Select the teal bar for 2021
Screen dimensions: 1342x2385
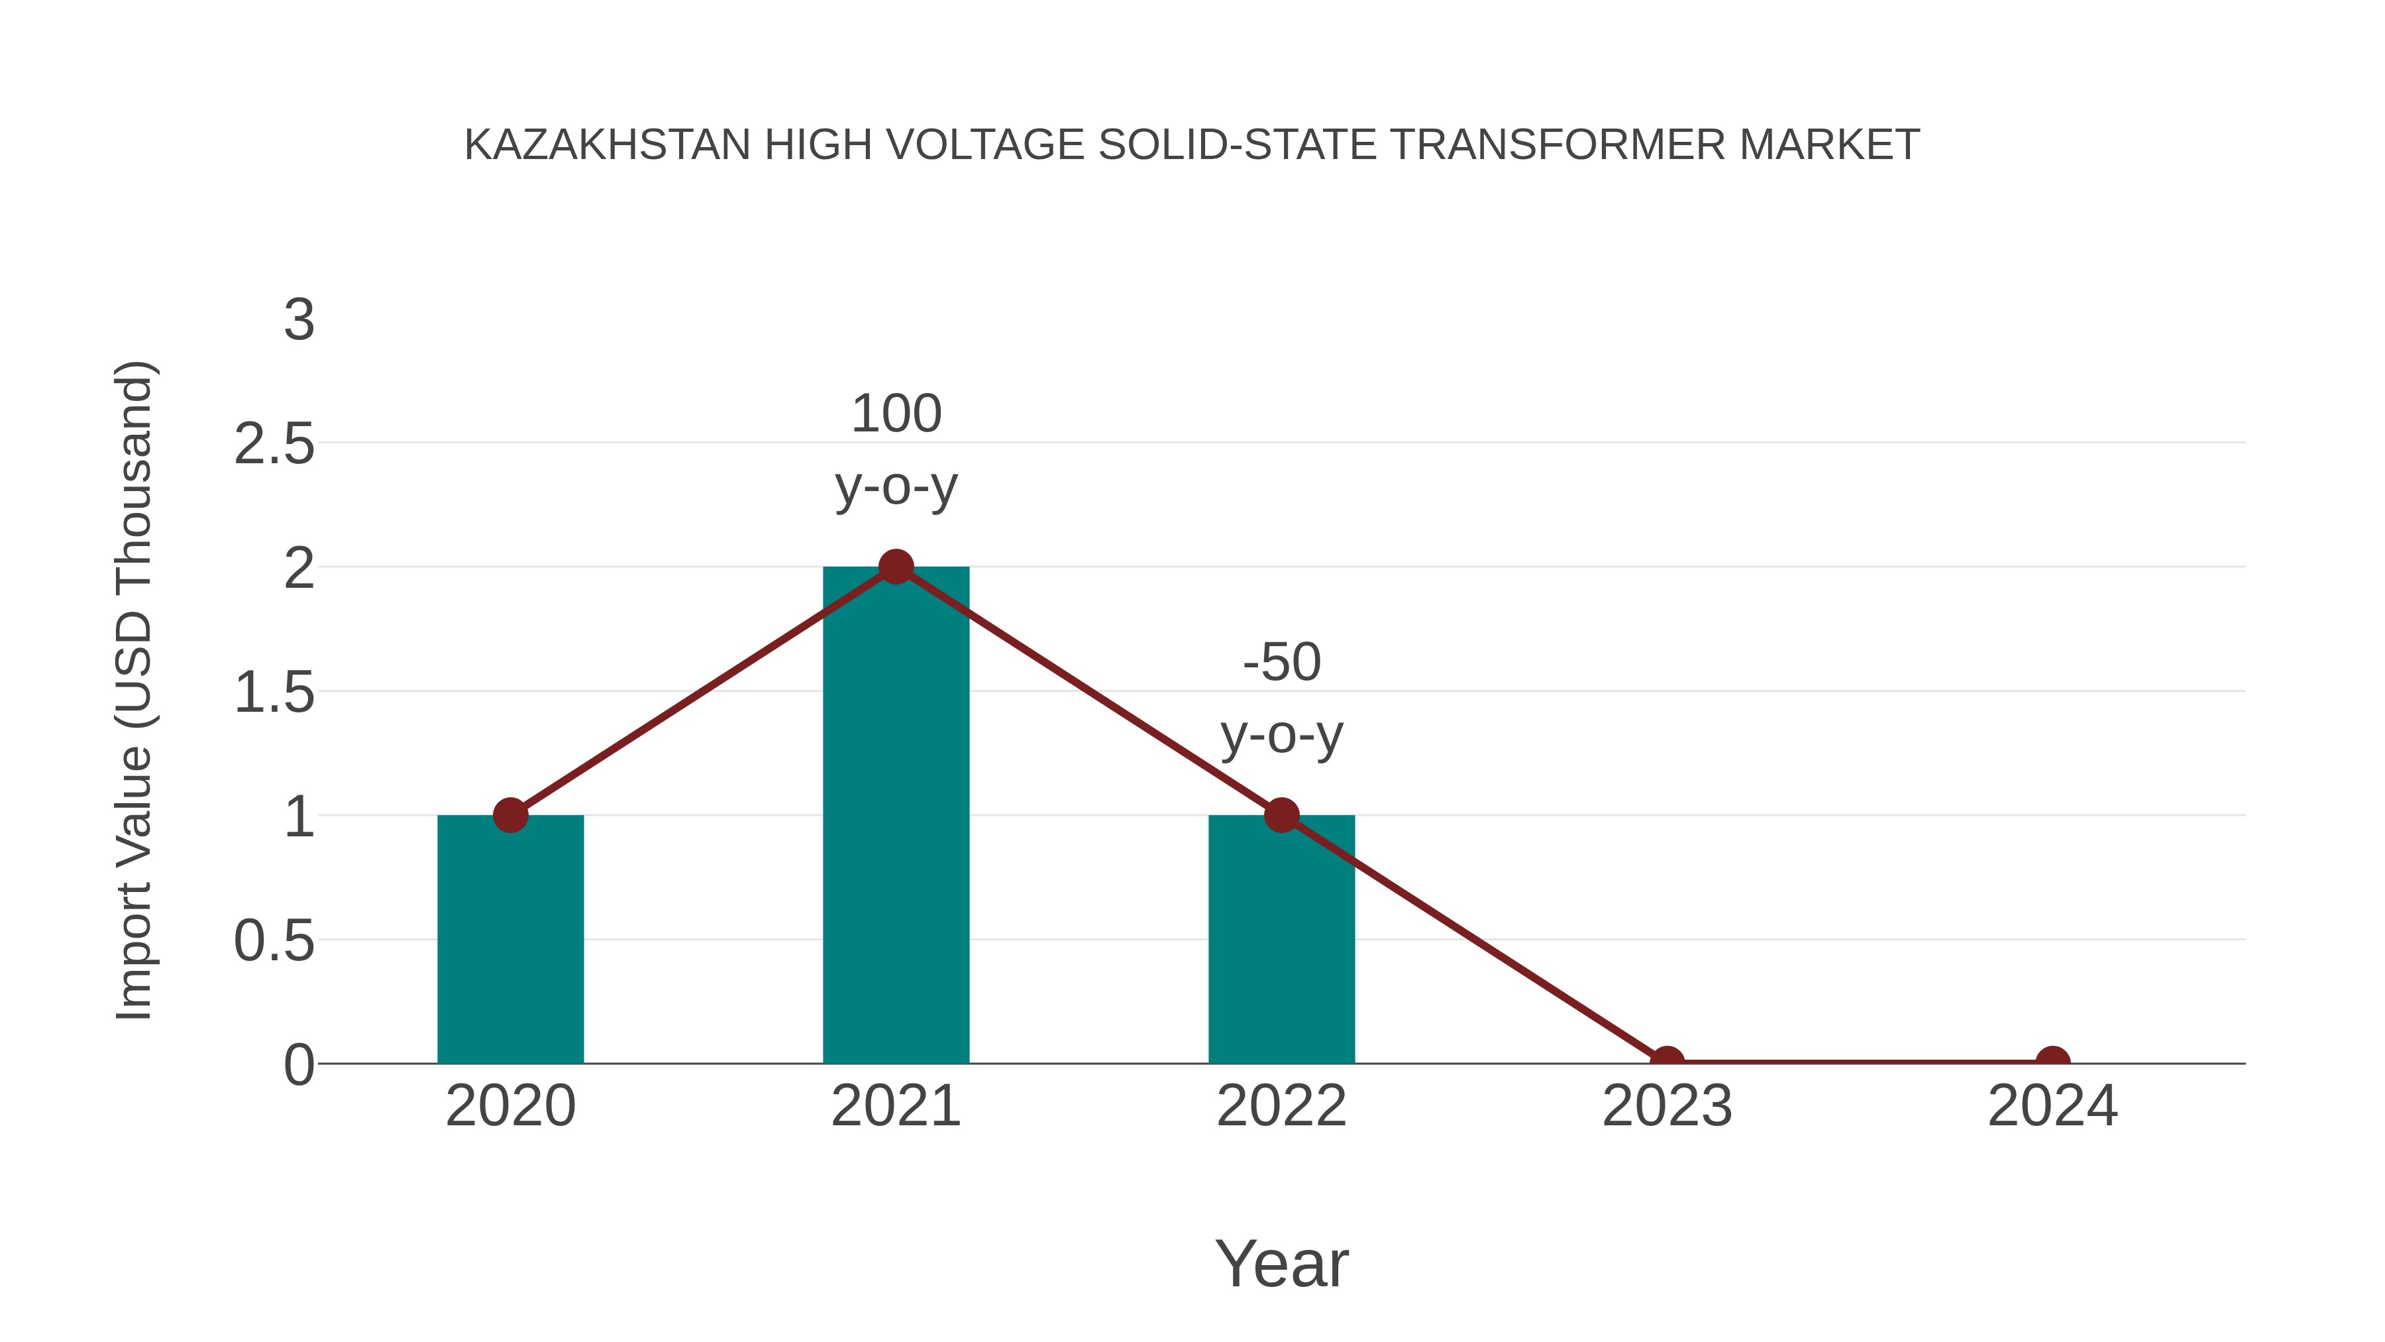click(895, 815)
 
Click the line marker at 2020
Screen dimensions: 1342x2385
click(510, 815)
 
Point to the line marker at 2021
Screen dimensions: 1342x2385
click(895, 566)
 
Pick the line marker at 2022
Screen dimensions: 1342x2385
click(1281, 815)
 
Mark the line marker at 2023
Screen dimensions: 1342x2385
click(1667, 1060)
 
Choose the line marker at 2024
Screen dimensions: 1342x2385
click(2052, 1060)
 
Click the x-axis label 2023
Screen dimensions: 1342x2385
click(1667, 1106)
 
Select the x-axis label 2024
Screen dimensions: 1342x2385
click(2052, 1106)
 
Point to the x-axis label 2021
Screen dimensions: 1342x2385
click(895, 1106)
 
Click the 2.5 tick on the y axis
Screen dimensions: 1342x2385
click(274, 445)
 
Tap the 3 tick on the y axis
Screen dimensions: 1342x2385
click(299, 321)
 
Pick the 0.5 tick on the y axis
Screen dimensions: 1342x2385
click(274, 941)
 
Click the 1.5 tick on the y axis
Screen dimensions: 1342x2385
click(274, 693)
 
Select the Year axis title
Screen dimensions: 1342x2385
click(1281, 1263)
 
